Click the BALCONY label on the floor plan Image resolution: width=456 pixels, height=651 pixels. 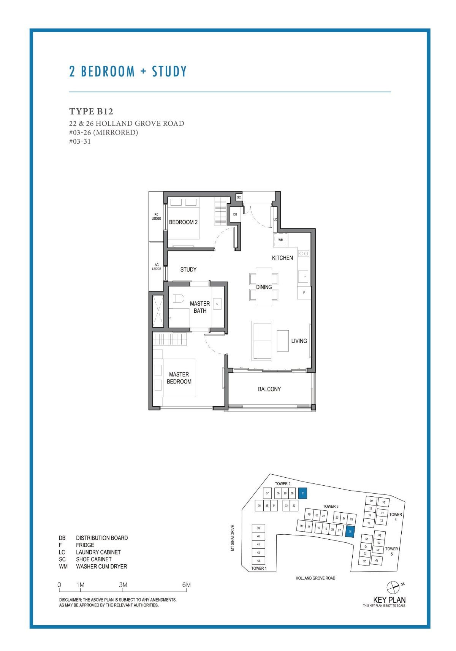269,389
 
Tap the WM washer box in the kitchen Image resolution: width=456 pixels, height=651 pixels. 280,240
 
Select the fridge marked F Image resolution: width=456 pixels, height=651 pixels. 304,293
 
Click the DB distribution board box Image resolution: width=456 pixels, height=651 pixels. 235,214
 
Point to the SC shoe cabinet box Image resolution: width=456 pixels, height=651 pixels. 239,197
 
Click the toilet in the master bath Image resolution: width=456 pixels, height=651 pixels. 177,299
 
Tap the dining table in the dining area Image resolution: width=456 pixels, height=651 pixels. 264,287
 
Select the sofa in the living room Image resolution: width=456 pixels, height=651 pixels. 261,341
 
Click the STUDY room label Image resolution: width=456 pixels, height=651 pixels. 188,269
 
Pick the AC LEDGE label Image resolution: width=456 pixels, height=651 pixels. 157,267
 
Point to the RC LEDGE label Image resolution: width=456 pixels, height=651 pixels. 156,217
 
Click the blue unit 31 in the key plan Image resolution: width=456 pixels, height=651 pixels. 302,493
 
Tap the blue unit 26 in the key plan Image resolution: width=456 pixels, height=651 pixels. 350,532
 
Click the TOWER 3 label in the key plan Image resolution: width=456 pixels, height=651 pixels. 331,506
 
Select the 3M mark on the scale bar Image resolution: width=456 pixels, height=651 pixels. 123,585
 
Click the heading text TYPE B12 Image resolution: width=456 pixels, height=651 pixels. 91,111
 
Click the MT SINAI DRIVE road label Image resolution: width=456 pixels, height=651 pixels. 233,538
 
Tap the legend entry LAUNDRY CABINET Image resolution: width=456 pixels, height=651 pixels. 98,552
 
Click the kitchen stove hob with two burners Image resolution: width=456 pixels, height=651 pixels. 304,253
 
